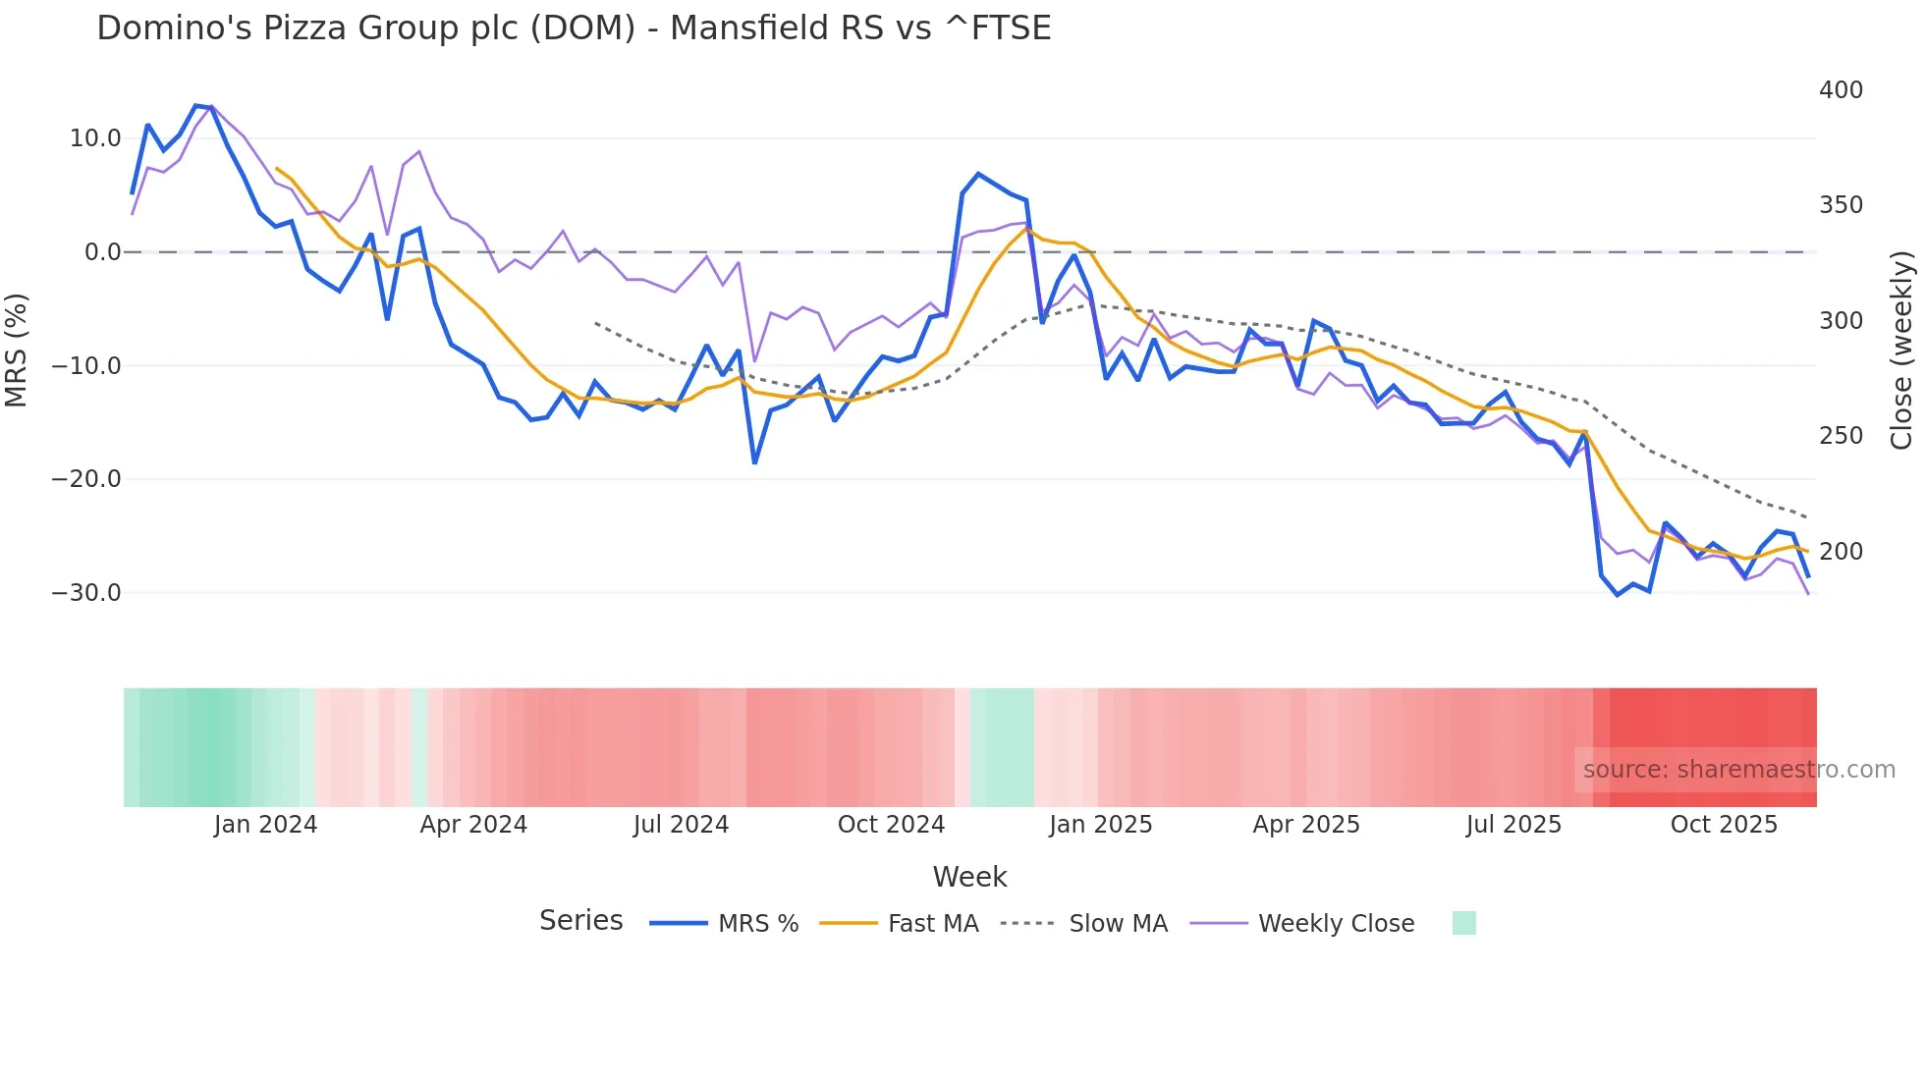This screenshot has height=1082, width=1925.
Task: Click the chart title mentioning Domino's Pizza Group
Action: tap(574, 28)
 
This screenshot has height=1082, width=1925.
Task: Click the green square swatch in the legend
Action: tap(1463, 923)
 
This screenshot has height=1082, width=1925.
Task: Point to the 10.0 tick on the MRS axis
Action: tap(95, 138)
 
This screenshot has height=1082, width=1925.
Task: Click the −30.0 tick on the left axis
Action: tap(86, 593)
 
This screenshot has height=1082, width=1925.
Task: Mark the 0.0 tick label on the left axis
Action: tap(102, 252)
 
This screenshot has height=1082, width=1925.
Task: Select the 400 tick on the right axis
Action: tap(1841, 90)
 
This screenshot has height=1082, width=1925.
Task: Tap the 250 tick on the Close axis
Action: tap(1841, 436)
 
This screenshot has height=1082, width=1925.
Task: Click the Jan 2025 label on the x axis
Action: tap(1100, 825)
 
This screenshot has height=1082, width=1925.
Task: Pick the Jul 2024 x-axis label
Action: tap(681, 825)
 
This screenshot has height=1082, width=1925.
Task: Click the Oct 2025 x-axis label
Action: tap(1724, 825)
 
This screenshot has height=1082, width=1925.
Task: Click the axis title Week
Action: tap(969, 877)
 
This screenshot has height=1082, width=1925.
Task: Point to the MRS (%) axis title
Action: tap(17, 351)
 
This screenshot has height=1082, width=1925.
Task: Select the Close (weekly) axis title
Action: tap(1901, 351)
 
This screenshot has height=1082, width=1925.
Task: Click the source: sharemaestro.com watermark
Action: tap(1738, 770)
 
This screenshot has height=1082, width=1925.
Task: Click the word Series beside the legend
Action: tap(580, 921)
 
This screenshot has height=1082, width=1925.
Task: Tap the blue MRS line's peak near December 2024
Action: tap(978, 174)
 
